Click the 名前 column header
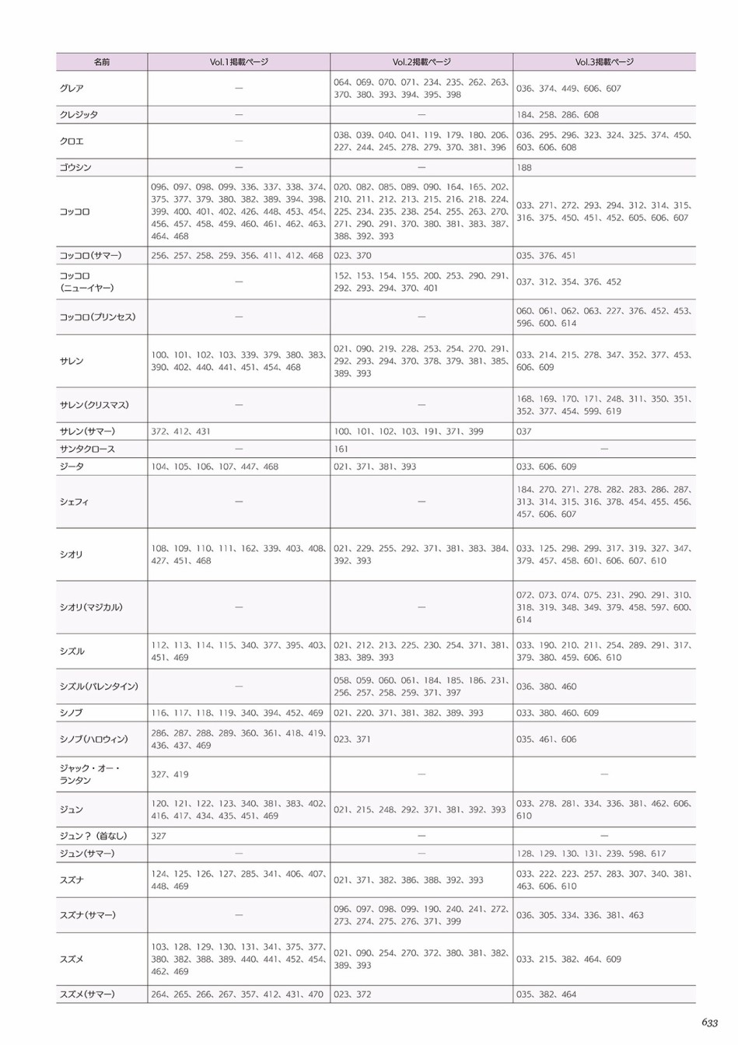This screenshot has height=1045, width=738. coord(102,62)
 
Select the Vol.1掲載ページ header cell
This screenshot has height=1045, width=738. coord(239,62)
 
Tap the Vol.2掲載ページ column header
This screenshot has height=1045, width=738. coord(421,62)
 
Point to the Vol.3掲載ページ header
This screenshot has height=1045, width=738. coord(604,62)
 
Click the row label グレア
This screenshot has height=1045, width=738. coord(72,89)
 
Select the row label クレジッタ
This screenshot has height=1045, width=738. coord(79,115)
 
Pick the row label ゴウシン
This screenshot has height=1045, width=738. coord(75,168)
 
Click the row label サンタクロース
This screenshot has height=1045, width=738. coord(87,449)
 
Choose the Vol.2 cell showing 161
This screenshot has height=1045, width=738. coord(341,449)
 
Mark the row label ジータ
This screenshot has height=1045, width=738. coord(72,467)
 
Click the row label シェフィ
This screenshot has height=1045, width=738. coord(74,502)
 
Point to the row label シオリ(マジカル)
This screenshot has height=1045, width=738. coord(91,608)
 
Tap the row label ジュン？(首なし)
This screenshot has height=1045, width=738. coord(93,837)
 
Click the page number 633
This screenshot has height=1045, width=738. coord(708,1023)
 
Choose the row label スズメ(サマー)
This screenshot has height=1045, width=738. coord(87,994)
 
